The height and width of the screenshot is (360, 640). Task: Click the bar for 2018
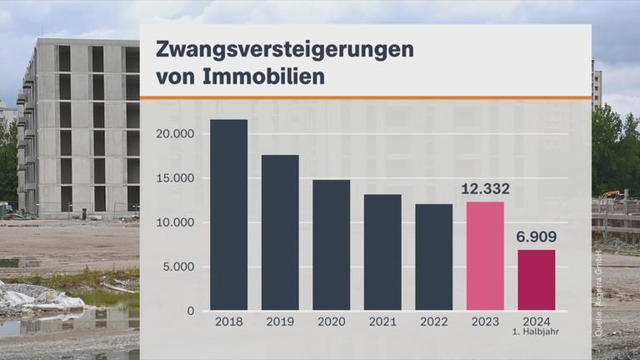[228, 215]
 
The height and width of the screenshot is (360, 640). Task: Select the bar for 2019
[280, 232]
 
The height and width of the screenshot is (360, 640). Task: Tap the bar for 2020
[331, 245]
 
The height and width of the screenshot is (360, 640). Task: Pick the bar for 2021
[382, 252]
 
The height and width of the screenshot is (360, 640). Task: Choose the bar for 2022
[434, 257]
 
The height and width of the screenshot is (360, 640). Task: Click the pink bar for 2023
[485, 256]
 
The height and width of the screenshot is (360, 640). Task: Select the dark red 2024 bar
[537, 280]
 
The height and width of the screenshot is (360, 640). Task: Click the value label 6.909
[537, 237]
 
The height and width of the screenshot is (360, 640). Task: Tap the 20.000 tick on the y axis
[175, 134]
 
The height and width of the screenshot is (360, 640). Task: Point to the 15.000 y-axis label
[175, 178]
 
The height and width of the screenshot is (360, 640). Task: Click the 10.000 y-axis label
[175, 222]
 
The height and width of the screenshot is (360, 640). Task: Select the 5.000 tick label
[178, 267]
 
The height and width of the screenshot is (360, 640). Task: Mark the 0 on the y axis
[191, 312]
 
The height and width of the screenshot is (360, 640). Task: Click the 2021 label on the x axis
[382, 322]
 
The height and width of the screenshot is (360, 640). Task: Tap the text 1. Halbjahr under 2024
[537, 333]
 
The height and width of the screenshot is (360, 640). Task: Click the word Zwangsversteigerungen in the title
[284, 49]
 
